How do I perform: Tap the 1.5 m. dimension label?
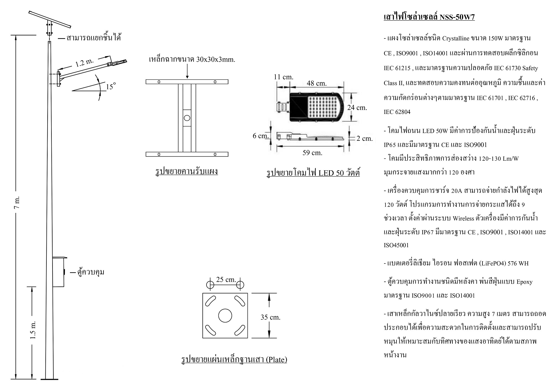point(33,330)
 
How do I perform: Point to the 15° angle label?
point(110,87)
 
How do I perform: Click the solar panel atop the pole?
point(50,19)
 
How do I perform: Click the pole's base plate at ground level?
point(49,379)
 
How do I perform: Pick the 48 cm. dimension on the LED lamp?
point(317,83)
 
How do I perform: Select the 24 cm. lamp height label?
point(357,108)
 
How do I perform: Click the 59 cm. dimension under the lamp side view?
point(312,153)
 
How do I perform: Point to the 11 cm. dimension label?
point(283,77)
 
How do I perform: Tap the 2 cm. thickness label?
point(364,139)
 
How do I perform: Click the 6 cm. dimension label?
point(260,136)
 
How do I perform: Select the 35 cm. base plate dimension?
point(270,317)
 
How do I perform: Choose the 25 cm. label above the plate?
point(226,280)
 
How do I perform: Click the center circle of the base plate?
point(225,316)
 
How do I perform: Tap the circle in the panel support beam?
point(187,118)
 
